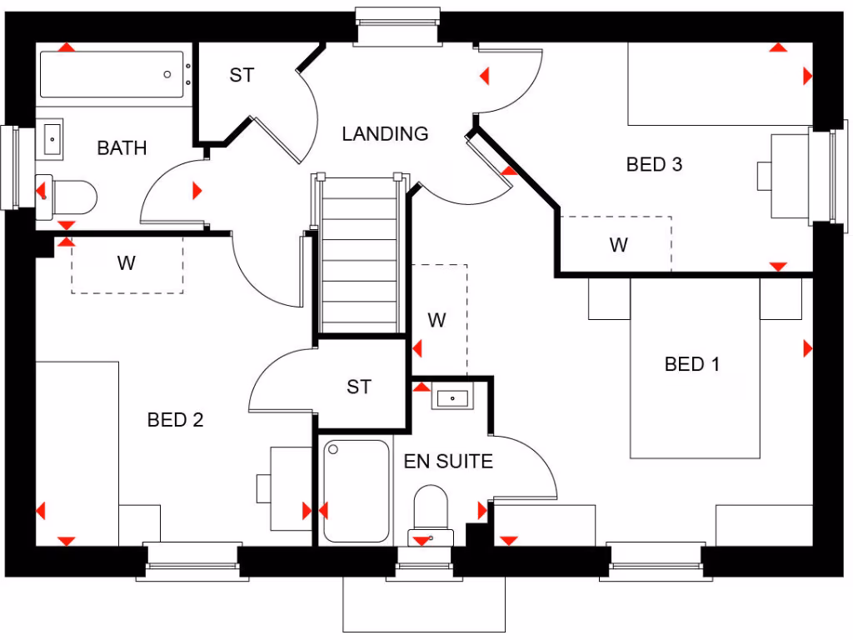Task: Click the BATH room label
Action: (122, 148)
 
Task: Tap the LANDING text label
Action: (385, 133)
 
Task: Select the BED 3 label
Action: (654, 164)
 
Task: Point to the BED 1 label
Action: (692, 364)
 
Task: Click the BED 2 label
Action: (175, 420)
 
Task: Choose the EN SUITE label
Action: (448, 461)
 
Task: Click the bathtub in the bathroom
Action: (112, 75)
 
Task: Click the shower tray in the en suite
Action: (357, 492)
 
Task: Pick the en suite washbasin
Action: (452, 397)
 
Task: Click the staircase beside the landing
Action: (360, 254)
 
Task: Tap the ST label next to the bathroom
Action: (242, 76)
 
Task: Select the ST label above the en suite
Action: (359, 387)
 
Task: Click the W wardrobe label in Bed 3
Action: (618, 245)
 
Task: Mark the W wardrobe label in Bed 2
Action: (126, 264)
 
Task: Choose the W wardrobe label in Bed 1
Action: (437, 320)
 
